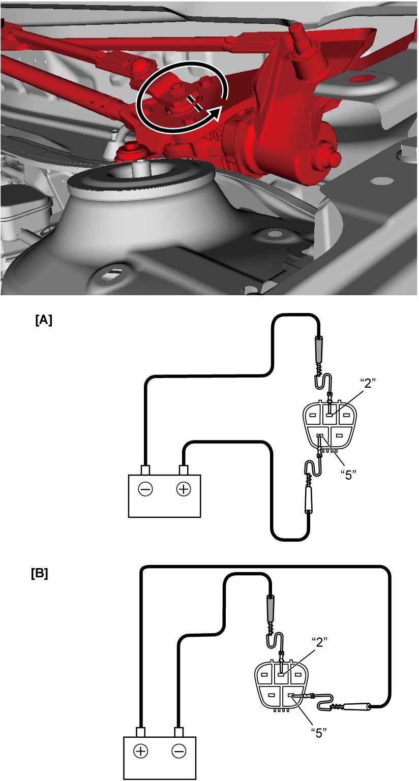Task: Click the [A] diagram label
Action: tap(44, 320)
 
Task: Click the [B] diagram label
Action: tap(40, 574)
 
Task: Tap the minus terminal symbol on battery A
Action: tap(145, 489)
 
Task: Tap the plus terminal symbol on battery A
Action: tap(184, 489)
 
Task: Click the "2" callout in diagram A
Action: tap(368, 383)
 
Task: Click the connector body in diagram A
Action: tap(330, 426)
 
